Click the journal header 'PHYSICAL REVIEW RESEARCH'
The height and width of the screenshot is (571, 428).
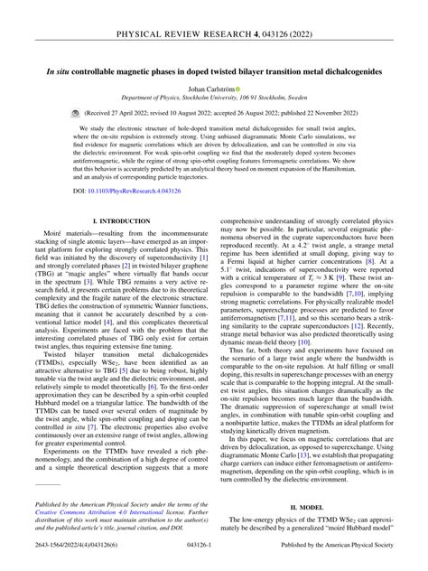[185, 12]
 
